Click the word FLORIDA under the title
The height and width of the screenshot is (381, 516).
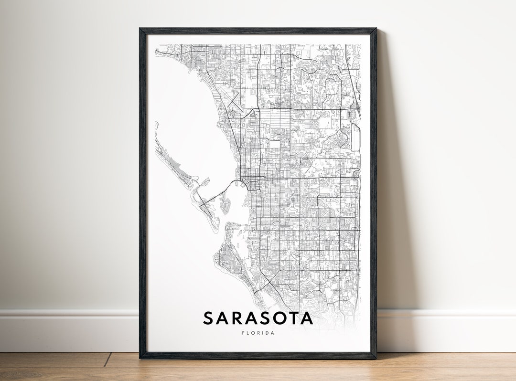pos(258,333)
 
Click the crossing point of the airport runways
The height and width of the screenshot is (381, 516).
pos(233,101)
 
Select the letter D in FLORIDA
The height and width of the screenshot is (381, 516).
pos(266,333)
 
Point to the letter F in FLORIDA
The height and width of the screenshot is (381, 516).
pos(243,333)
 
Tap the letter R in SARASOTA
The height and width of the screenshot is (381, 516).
pos(237,318)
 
